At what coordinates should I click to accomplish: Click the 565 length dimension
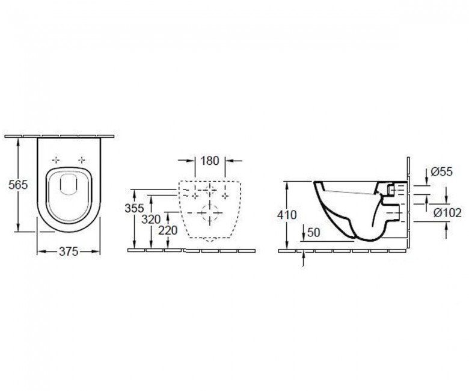tap(18, 185)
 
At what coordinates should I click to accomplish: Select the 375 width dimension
tap(69, 251)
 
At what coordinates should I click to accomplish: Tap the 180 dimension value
tap(210, 161)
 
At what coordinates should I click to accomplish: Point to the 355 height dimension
tap(134, 208)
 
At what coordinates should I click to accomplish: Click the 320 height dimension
tap(151, 220)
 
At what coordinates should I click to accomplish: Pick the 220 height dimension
tap(168, 230)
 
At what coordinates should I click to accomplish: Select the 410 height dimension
tap(287, 215)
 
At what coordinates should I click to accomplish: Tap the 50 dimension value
tap(314, 232)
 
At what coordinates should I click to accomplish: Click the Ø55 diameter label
tap(442, 171)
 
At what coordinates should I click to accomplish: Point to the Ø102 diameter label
tap(447, 213)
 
